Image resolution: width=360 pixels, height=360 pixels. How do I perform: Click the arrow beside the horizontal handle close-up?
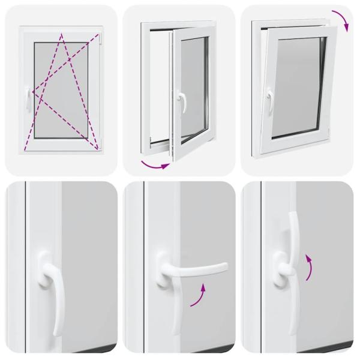pyautogui.click(x=200, y=296)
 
